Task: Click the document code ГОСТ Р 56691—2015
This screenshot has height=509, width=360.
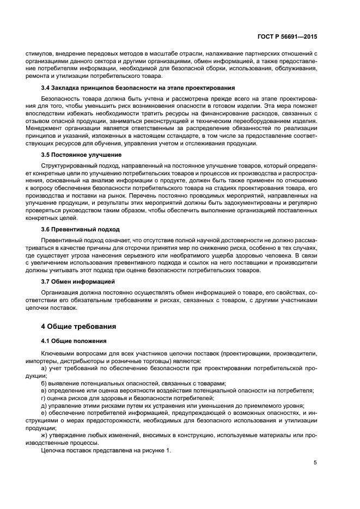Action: pos(287,36)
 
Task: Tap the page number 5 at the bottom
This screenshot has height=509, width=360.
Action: pos(315,463)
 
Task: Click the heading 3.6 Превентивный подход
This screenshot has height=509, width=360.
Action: pos(76,229)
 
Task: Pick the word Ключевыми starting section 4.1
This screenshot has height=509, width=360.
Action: pos(58,354)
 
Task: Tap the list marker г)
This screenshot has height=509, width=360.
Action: pos(44,397)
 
